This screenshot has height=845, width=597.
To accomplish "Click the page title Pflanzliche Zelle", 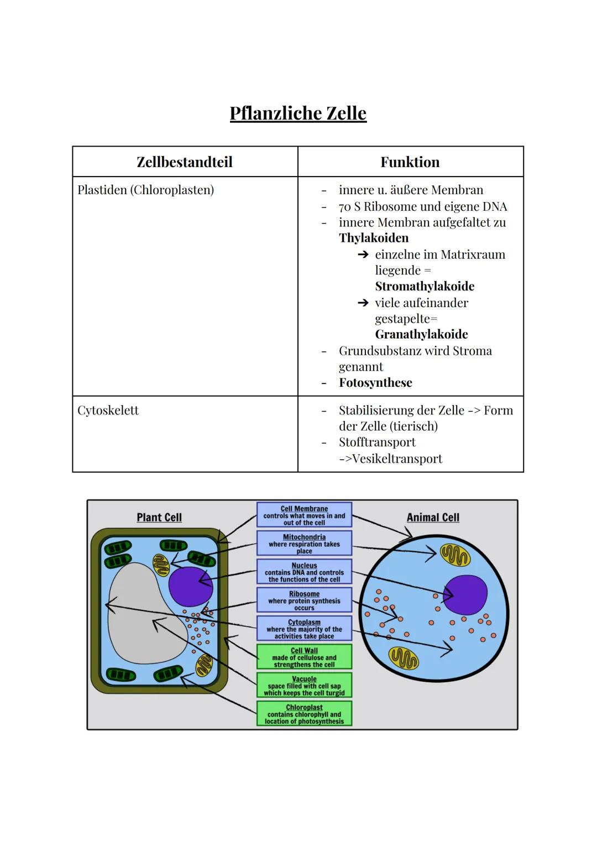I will pos(298,113).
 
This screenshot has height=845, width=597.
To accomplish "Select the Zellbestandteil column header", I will pos(185,162).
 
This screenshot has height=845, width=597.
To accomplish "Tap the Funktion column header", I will pos(410,162).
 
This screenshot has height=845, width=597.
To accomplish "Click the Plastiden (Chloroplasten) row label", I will pos(145,190).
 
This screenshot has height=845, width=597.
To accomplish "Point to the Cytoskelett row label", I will pos(108,411).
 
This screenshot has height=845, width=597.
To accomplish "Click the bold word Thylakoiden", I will pos(374,238).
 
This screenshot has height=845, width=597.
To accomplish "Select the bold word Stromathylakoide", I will pos(425,286).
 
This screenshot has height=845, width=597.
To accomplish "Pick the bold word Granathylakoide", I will pos(421,334).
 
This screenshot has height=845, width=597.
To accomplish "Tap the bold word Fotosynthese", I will pos(375,383).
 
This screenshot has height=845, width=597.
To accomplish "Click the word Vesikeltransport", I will pos(397,459).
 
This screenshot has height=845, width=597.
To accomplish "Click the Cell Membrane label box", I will pos(304,515).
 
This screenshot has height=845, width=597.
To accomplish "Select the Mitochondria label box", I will pos(304,543).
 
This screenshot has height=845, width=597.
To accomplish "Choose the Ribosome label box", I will pos(304,600).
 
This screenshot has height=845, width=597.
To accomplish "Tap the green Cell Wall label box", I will pos(304,657).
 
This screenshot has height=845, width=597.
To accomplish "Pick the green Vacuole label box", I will pos(304,686).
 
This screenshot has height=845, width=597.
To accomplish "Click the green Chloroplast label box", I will pos(304,714).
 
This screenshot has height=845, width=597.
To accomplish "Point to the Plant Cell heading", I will pos(159,517).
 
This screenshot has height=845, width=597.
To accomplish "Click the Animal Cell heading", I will pos(433,517).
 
